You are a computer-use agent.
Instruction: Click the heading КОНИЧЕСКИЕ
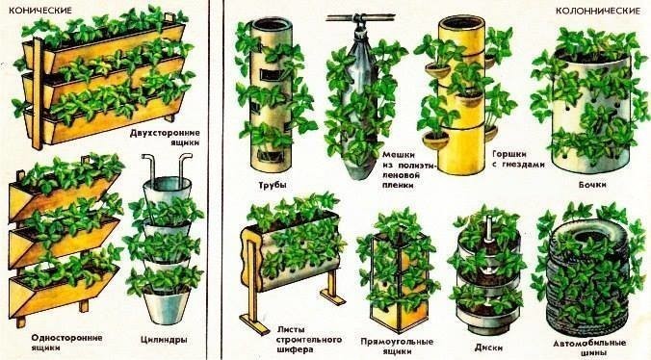(40, 10)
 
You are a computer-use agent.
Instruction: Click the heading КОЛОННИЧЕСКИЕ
(598, 11)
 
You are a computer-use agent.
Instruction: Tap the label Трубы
(273, 185)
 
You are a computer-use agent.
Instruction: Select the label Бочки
(592, 184)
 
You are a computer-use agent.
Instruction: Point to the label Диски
(488, 347)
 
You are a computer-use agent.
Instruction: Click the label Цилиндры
(164, 340)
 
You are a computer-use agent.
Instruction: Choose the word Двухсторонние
(165, 133)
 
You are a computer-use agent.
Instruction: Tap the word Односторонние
(66, 338)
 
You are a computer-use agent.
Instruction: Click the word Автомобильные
(589, 344)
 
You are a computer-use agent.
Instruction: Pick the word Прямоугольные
(397, 342)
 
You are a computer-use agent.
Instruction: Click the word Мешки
(399, 155)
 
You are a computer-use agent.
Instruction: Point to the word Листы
(291, 330)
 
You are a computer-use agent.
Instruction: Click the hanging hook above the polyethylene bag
(359, 25)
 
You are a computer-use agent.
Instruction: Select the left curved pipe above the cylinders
(150, 169)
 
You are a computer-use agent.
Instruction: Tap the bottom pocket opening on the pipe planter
(269, 156)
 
